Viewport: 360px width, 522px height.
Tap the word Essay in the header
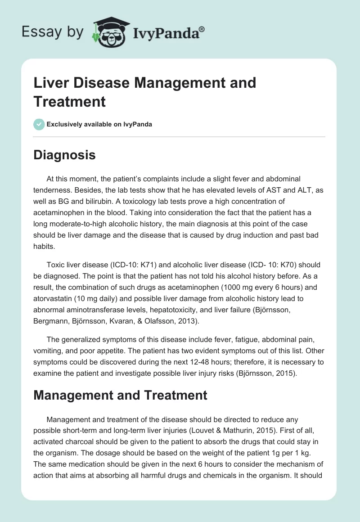coord(36,31)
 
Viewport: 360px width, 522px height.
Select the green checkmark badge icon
coord(39,124)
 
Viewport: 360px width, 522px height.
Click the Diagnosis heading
coord(64,155)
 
